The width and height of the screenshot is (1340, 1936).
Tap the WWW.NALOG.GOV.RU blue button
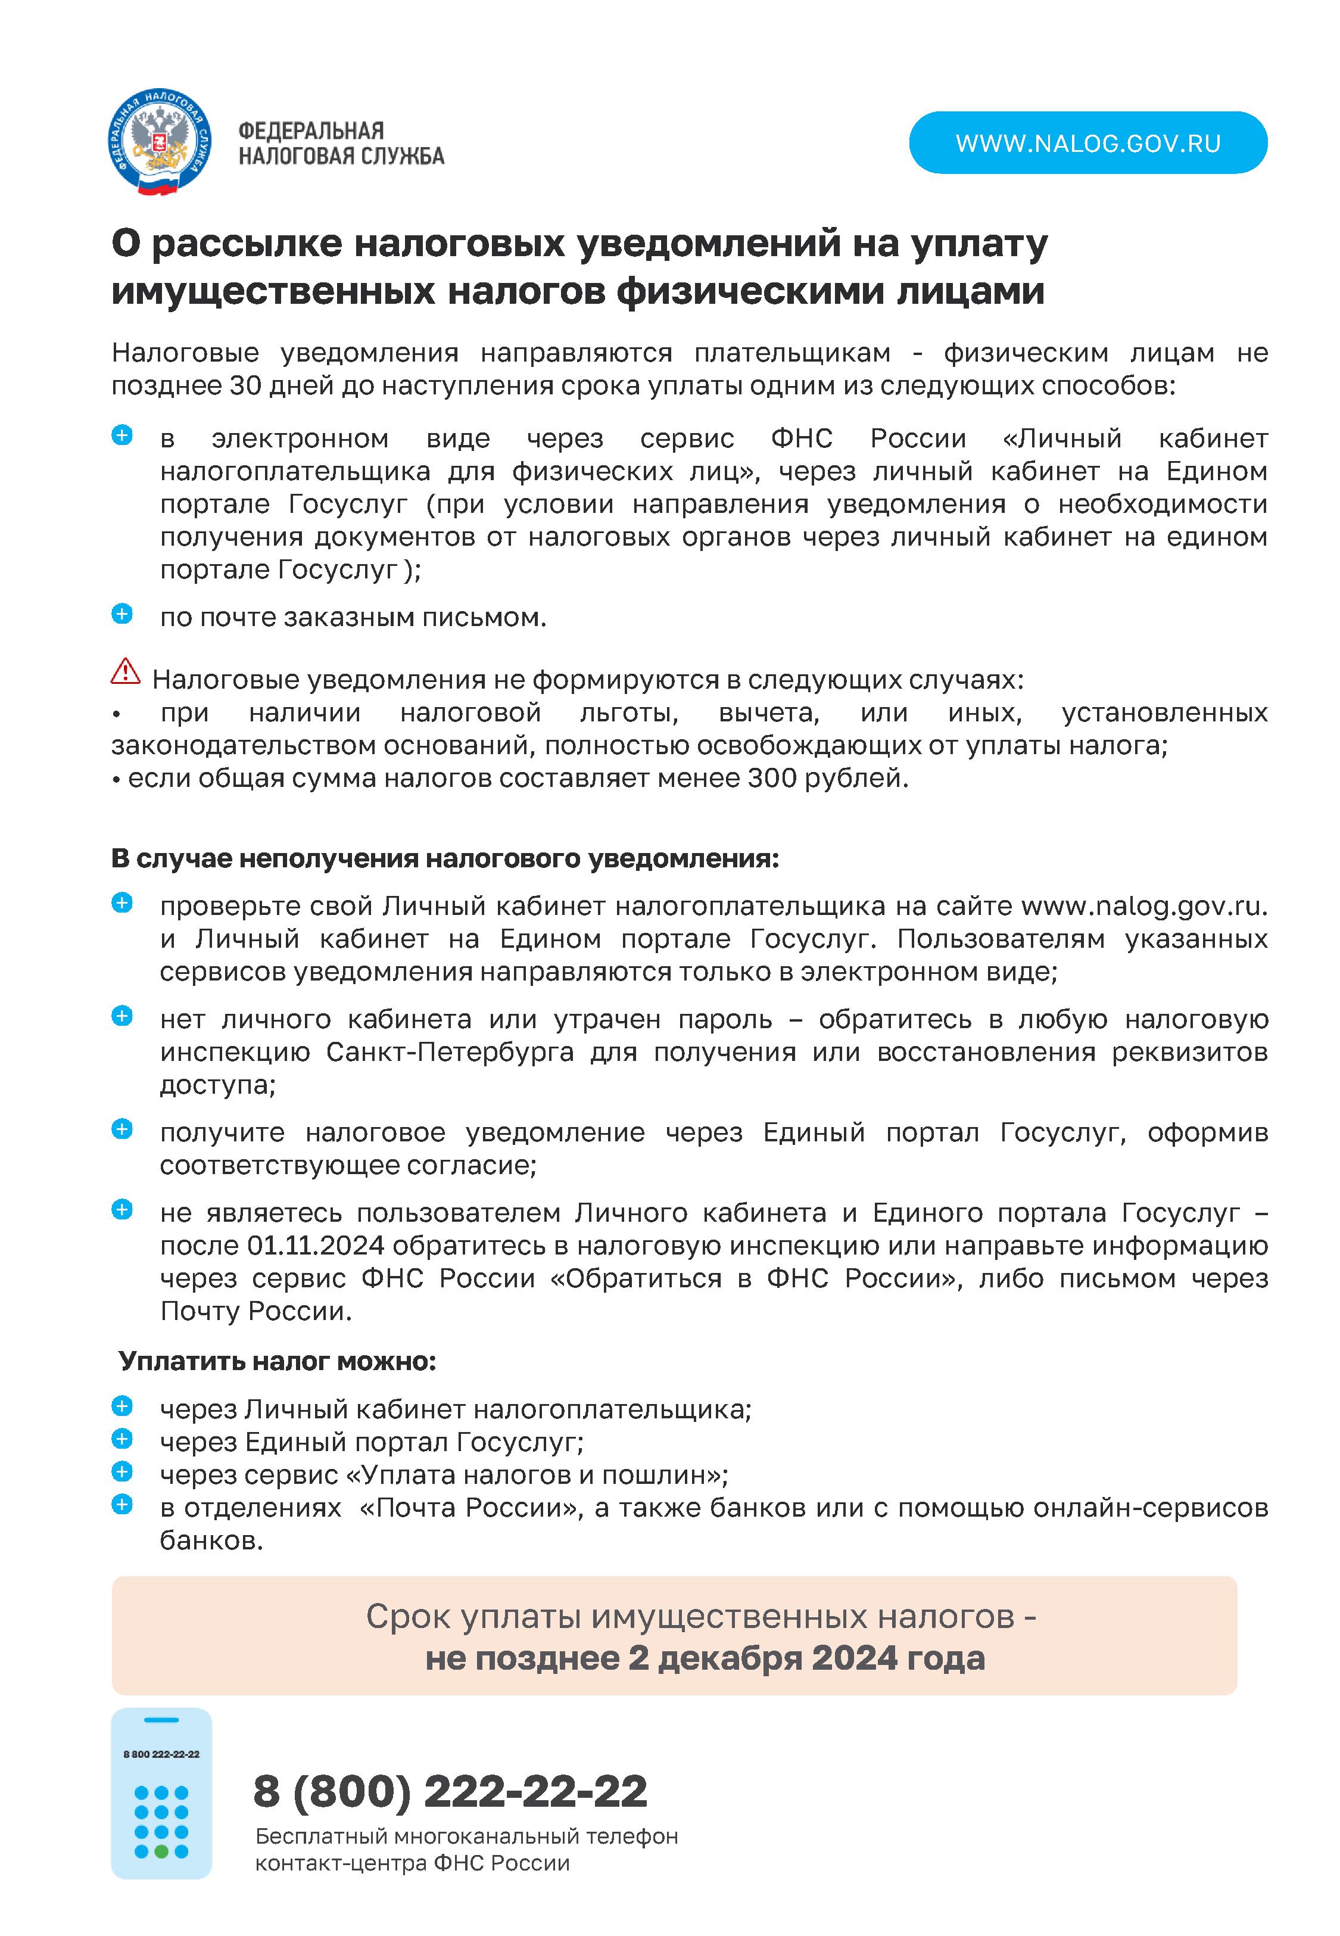click(1087, 143)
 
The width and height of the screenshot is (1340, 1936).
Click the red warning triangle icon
click(125, 671)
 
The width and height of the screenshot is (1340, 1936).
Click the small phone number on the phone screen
click(161, 1754)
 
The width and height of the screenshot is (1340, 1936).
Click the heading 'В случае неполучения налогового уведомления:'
click(445, 859)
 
